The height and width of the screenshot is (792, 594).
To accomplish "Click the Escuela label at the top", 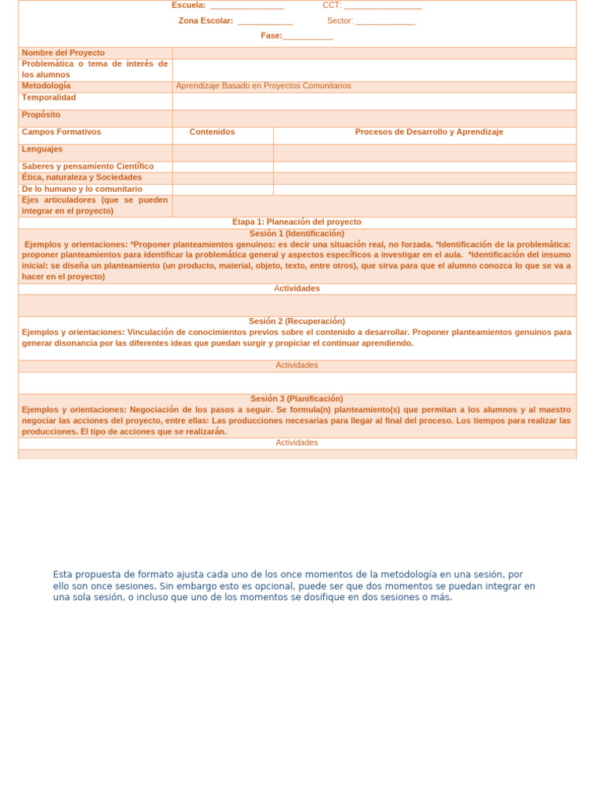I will [x=189, y=5].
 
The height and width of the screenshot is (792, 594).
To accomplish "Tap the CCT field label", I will [x=332, y=5].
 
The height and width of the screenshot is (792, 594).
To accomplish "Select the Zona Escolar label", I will [x=206, y=21].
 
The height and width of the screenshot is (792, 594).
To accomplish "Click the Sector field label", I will [x=340, y=21].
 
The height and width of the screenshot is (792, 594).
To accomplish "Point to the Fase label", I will [x=271, y=36].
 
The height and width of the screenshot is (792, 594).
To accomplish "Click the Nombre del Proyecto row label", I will [x=63, y=53].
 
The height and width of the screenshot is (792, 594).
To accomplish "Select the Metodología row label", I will [x=46, y=86].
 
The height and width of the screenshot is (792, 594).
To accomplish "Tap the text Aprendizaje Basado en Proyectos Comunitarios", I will [x=263, y=86].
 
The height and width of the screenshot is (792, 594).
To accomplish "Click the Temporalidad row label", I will [x=49, y=97].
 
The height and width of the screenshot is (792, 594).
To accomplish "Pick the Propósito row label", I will [x=41, y=114].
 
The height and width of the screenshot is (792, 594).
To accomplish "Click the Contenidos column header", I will [x=212, y=131].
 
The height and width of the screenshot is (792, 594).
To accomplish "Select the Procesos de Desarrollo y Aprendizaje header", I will [x=428, y=131].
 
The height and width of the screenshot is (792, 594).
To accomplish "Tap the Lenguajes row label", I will [x=43, y=148].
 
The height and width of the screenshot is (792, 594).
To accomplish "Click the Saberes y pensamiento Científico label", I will [x=87, y=166].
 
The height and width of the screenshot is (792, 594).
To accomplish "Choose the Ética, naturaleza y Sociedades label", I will [x=82, y=177].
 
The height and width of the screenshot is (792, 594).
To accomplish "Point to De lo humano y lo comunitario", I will [x=82, y=189].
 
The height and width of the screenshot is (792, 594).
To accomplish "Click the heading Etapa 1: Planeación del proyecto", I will [x=297, y=222].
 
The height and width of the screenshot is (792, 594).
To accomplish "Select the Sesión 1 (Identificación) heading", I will [x=297, y=233].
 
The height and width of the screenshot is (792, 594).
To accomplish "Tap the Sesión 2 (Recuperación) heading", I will [x=297, y=321].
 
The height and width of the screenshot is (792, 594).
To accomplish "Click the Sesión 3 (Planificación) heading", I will [x=297, y=398].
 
